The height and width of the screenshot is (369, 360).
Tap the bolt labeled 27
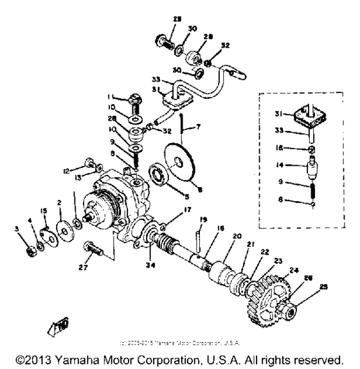point(94,248)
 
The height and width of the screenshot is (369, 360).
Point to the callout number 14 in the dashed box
point(275,165)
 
